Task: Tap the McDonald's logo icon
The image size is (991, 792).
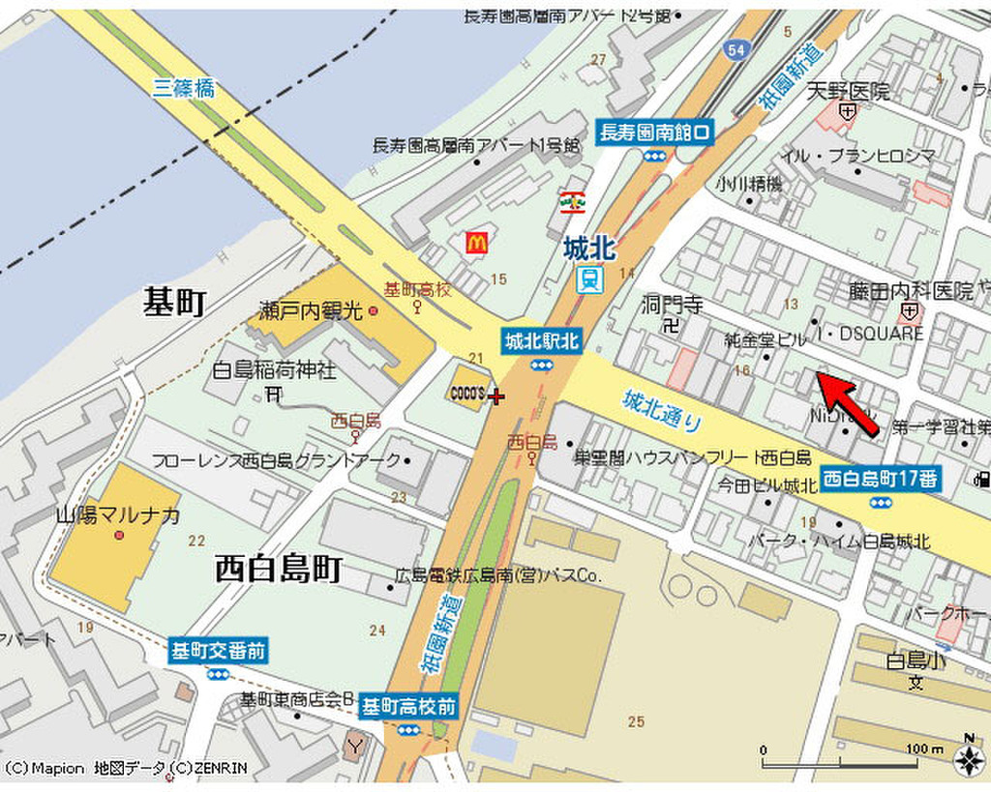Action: [475, 243]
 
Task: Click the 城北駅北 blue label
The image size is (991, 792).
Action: [541, 340]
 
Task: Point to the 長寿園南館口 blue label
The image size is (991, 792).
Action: [655, 132]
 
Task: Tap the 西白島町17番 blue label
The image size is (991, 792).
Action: [881, 478]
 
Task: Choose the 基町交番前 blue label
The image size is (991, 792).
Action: [217, 651]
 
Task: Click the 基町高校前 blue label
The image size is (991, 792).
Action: [407, 706]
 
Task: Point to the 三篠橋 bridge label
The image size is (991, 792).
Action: [184, 88]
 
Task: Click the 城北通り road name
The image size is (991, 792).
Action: [662, 411]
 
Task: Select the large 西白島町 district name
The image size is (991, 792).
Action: [278, 569]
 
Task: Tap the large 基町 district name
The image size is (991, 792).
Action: [174, 302]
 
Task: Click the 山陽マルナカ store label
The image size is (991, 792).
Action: [118, 514]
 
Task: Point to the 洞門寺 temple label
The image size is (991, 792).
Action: [673, 305]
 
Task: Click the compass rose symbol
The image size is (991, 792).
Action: [968, 761]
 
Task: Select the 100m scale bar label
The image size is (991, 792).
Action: [923, 748]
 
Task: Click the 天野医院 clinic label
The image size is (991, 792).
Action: [848, 92]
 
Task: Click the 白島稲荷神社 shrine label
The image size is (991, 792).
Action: [274, 369]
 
